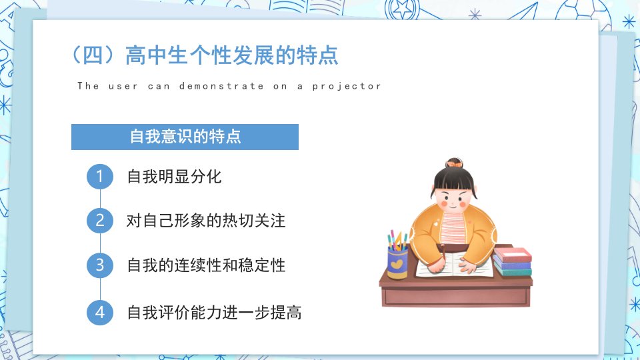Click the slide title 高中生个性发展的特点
232,55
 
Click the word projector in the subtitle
347,87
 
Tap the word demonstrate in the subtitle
221,86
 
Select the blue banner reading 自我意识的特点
185,137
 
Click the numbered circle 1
100,177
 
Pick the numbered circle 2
100,221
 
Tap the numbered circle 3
100,265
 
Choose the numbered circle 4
100,312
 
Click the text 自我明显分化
174,177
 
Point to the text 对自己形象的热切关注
206,221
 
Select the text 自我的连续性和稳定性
206,265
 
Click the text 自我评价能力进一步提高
214,313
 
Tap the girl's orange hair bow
454,164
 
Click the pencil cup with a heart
397,264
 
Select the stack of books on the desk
512,261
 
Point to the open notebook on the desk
454,265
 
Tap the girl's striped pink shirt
453,228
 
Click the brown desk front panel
456,296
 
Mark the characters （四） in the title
93,55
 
